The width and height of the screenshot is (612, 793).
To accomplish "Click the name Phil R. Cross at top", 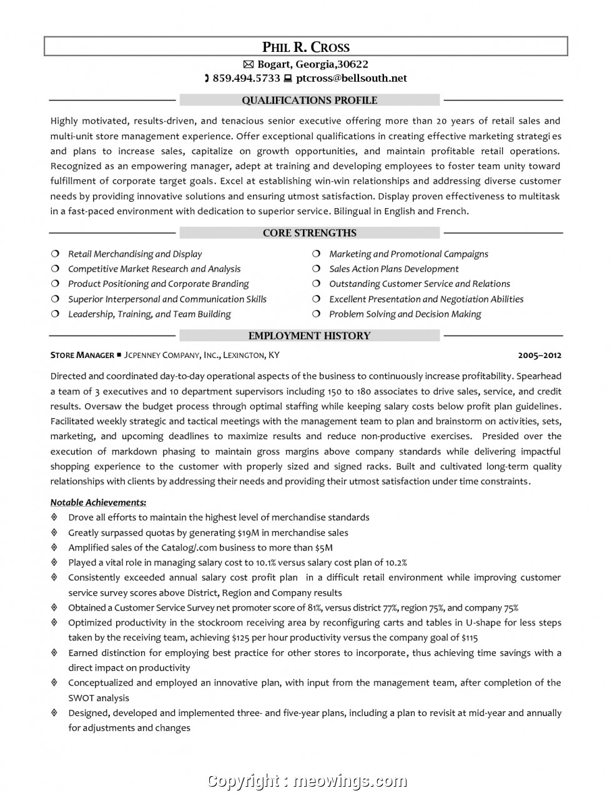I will coord(305,47).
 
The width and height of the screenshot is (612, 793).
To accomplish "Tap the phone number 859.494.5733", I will coord(246,79).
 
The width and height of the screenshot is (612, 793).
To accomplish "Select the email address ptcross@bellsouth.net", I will coord(351,79).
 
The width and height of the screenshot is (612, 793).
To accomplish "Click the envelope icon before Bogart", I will coord(248,64).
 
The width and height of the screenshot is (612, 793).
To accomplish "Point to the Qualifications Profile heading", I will coord(309,101).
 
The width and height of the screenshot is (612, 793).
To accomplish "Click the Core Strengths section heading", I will coord(309,233).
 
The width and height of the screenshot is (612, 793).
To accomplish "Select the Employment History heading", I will coord(309,336).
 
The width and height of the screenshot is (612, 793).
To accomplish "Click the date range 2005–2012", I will coord(540,356).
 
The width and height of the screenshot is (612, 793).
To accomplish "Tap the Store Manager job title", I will coord(82,356).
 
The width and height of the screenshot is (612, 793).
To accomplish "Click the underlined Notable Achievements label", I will coord(98,502).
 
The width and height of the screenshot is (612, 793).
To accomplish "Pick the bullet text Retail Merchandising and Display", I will coord(135,254).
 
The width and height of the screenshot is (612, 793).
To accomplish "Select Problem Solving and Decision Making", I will coord(405,314).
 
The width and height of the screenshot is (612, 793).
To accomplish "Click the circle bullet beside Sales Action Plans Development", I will coord(317,269).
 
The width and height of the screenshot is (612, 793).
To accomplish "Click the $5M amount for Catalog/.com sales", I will coord(323,548).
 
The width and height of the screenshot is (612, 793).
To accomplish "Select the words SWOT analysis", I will coord(99,698).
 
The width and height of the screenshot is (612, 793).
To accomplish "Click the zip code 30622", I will coord(352,64).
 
